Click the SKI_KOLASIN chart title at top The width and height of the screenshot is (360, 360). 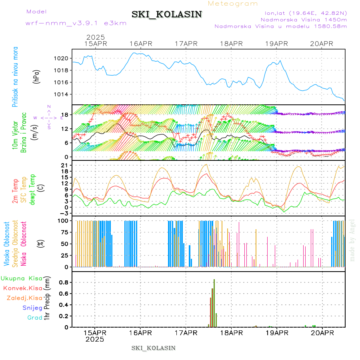(167, 14)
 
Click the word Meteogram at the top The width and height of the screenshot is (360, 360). (233, 4)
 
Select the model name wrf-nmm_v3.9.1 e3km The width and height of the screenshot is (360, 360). (76, 23)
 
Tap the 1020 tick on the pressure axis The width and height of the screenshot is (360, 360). (62, 58)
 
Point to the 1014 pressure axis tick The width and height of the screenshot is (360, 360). (62, 94)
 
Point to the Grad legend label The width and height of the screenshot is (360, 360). (35, 318)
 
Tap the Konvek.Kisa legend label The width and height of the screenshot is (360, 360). (23, 288)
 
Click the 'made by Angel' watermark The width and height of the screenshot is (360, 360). (352, 240)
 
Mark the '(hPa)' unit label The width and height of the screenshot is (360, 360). (37, 76)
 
